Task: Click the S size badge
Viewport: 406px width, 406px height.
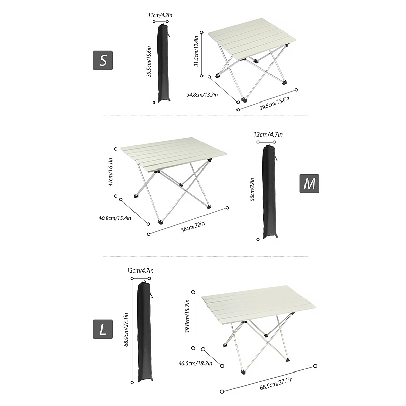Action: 103,60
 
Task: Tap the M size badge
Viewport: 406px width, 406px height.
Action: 309,184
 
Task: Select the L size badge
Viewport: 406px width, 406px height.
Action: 103,329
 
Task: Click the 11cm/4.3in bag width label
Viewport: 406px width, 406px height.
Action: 160,15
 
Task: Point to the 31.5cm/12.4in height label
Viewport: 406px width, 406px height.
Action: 196,51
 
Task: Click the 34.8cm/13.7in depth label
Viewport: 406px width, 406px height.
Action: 202,95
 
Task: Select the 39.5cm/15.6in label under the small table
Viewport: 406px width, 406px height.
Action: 275,103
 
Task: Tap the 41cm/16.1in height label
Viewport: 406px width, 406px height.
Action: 110,172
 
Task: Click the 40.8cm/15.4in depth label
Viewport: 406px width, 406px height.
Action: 115,218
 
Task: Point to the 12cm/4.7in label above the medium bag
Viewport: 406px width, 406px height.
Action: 268,134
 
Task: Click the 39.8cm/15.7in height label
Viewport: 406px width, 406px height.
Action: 187,316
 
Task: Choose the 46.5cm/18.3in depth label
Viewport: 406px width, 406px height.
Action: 195,363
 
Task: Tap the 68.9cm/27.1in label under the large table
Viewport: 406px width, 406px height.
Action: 276,384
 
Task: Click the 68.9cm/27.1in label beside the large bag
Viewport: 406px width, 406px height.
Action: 126,329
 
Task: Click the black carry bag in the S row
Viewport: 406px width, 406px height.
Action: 163,62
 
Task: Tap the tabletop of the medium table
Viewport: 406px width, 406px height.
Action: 174,154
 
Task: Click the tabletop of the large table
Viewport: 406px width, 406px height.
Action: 259,304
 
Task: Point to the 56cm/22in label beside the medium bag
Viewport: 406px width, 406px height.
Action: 252,189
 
